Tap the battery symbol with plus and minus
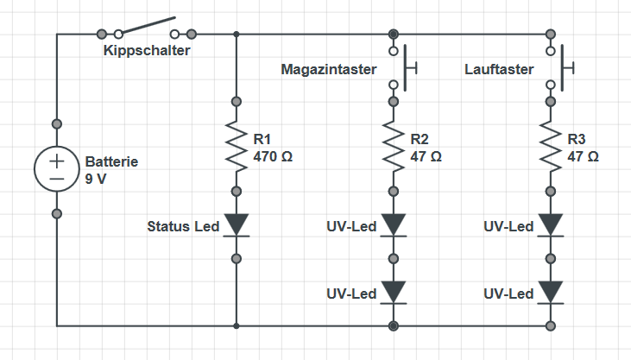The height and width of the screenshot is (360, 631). [56, 167]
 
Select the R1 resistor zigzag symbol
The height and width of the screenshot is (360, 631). [237, 145]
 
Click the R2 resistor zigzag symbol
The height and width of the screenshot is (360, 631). [394, 145]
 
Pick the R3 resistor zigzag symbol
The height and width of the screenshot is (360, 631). [551, 145]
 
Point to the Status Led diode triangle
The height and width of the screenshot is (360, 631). [237, 226]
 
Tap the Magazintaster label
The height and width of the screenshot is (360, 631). [330, 69]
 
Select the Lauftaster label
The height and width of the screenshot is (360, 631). [499, 69]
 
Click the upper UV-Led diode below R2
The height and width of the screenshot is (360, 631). [394, 226]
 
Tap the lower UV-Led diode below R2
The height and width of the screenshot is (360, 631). [394, 292]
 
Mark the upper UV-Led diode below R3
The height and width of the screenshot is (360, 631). [551, 226]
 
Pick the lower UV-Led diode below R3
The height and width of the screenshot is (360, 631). [551, 292]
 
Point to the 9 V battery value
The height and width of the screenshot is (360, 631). [97, 179]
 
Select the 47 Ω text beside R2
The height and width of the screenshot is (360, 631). [426, 157]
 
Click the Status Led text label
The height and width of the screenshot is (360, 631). [184, 227]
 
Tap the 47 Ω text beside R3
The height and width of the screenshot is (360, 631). [584, 157]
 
